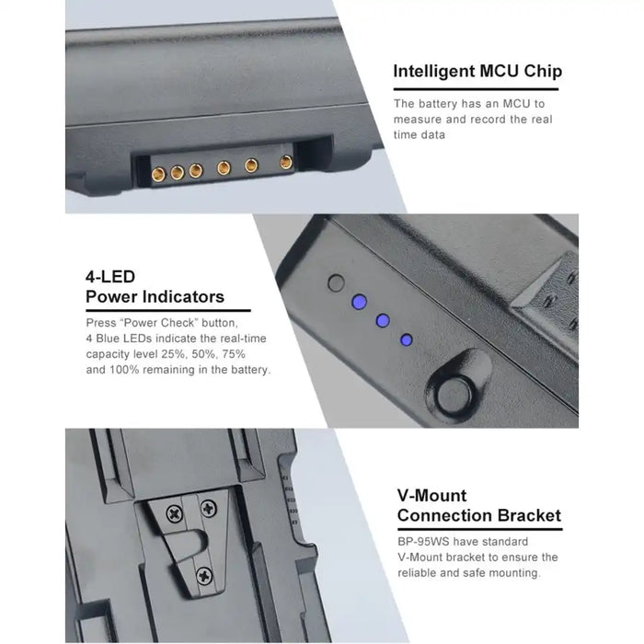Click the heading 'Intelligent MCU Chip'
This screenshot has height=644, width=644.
tap(477, 72)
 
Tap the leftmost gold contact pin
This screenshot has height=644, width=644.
tap(158, 175)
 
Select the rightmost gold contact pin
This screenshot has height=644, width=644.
tap(286, 162)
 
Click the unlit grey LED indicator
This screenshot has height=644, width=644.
tap(336, 283)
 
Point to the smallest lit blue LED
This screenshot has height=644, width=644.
tap(407, 339)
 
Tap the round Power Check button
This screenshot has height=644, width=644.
tap(454, 395)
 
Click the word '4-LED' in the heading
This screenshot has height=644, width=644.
tap(110, 277)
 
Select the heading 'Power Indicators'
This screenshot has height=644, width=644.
tap(155, 296)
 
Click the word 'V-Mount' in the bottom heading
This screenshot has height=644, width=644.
tap(431, 495)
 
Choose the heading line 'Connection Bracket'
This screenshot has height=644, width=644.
tap(479, 515)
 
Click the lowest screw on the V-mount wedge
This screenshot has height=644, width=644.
tap(204, 575)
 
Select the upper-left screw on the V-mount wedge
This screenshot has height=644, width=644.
tap(175, 513)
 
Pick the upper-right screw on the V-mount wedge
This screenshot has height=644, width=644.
tap(208, 509)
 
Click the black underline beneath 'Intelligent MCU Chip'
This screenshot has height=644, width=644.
tap(476, 88)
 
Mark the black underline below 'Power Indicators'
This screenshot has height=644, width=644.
tap(168, 311)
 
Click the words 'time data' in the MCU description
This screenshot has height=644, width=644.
tap(419, 134)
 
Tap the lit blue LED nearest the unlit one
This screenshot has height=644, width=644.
tap(360, 302)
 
